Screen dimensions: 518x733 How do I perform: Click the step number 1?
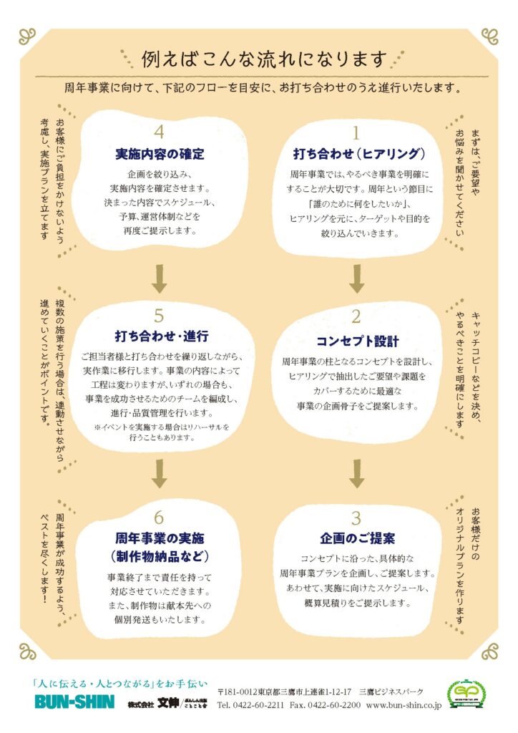pos(356,133)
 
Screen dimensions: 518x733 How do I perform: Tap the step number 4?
pos(159,132)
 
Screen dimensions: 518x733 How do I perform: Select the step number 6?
pos(159,518)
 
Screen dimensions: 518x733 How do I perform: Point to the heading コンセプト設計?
pos(357,341)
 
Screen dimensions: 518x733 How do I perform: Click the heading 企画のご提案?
pos(357,538)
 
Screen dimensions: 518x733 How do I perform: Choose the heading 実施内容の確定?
pos(160,155)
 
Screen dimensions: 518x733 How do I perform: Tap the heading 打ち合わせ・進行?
pos(162,336)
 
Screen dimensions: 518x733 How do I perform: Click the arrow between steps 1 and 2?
pos(357,278)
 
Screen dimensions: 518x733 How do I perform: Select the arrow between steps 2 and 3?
pos(357,474)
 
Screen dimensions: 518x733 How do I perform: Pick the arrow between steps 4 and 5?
pos(160,278)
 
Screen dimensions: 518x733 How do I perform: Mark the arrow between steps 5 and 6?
pos(160,474)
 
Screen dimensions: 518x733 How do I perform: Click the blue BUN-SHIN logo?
pos(74,702)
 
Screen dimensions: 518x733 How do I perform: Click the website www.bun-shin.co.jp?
pos(404,704)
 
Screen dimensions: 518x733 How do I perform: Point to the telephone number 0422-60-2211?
pos(258,704)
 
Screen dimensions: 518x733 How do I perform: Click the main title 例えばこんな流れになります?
pos(265,59)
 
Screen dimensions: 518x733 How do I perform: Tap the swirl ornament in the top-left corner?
pos(27,37)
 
